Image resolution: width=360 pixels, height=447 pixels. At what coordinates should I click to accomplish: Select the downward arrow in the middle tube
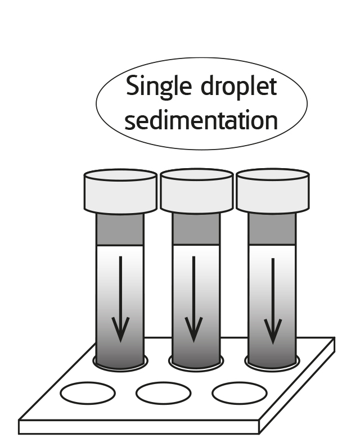coord(194,298)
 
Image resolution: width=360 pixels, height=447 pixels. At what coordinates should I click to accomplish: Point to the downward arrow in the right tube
coord(273,298)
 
